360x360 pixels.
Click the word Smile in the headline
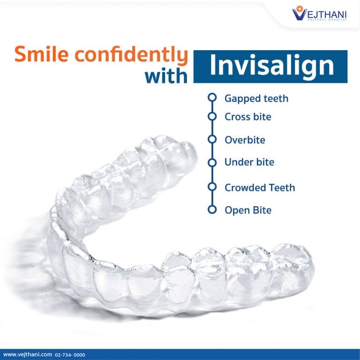(45, 55)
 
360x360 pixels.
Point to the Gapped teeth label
(256, 98)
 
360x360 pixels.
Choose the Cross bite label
(247, 117)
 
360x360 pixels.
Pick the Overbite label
(245, 140)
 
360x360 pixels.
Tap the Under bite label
(249, 162)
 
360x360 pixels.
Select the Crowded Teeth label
(259, 187)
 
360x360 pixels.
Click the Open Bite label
(248, 210)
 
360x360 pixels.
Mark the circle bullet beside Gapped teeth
(212, 98)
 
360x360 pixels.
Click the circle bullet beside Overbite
(212, 140)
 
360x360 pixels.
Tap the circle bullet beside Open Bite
(212, 210)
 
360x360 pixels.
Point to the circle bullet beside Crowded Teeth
(212, 187)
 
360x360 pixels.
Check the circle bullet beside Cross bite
(212, 116)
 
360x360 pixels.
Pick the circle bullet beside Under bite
(212, 162)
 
